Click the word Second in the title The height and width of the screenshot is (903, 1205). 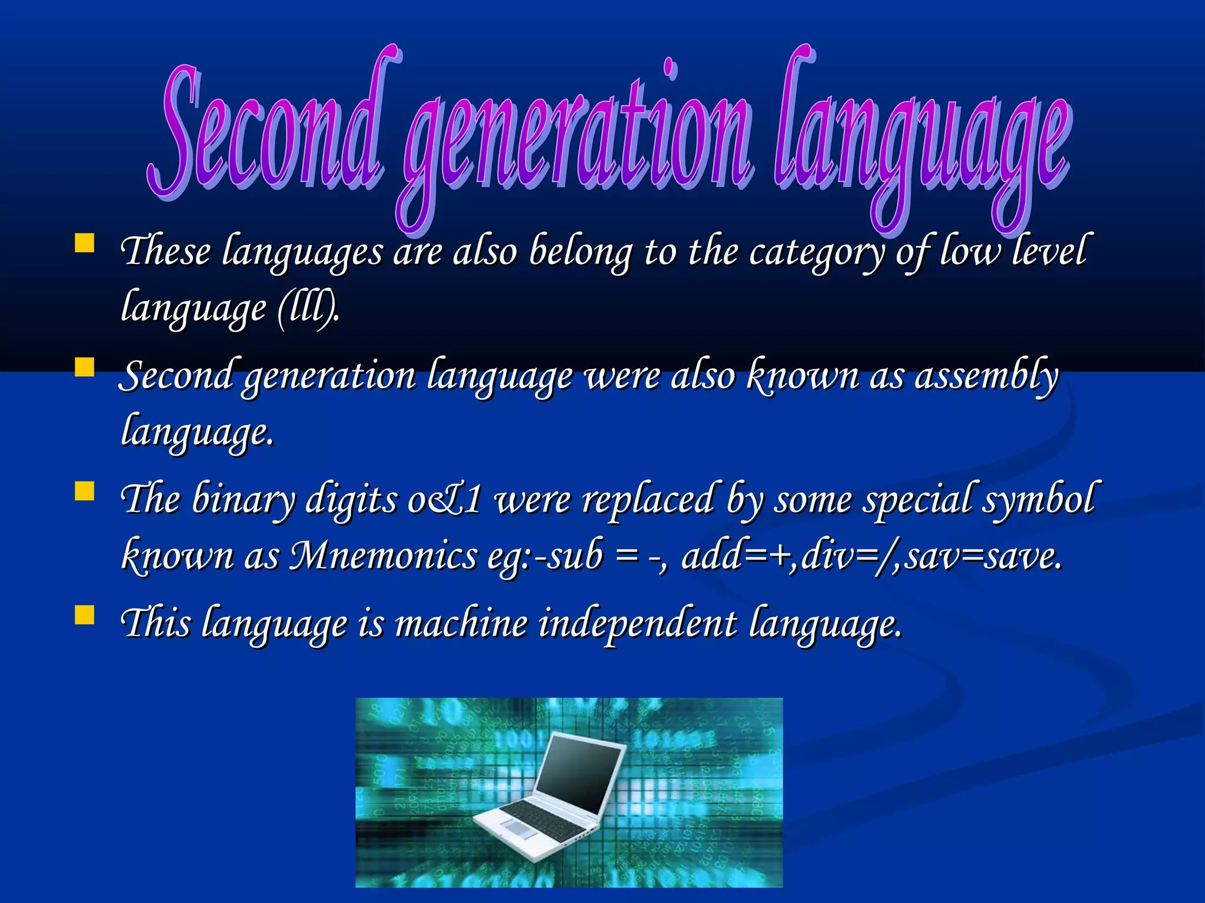pyautogui.click(x=268, y=132)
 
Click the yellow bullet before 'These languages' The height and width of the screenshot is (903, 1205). pyautogui.click(x=85, y=243)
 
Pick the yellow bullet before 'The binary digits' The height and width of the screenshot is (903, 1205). pyautogui.click(x=85, y=491)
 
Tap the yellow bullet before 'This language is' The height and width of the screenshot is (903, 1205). pyautogui.click(x=85, y=614)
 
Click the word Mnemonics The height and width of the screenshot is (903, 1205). pyautogui.click(x=382, y=556)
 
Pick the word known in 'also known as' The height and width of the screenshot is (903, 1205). pyautogui.click(x=803, y=376)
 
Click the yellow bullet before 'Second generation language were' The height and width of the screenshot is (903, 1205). pyautogui.click(x=85, y=367)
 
